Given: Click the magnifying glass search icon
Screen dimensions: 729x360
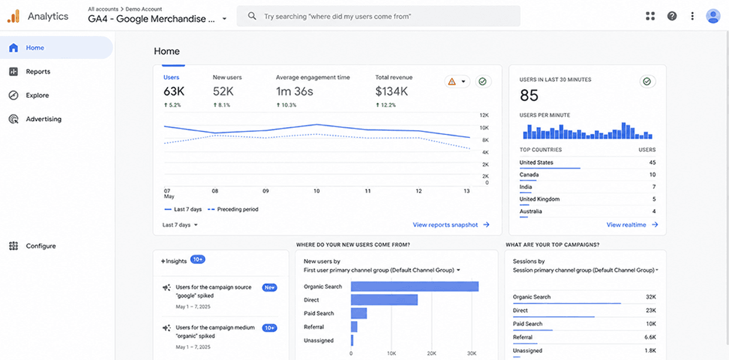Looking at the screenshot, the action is pyautogui.click(x=252, y=16).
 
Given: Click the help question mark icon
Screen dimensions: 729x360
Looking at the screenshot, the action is pyautogui.click(x=672, y=16).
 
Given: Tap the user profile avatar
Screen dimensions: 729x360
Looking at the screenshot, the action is pyautogui.click(x=713, y=16).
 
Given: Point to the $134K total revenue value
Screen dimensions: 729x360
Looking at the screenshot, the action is pyautogui.click(x=392, y=91).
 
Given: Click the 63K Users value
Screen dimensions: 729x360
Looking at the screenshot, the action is pyautogui.click(x=174, y=91).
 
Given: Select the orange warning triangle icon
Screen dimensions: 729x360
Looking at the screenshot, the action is pyautogui.click(x=452, y=82).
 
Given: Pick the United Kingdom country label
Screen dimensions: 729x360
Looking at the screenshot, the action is pyautogui.click(x=539, y=199).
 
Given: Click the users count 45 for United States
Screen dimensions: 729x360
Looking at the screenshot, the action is pyautogui.click(x=652, y=163).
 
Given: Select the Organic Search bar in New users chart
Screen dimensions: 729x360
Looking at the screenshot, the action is pyautogui.click(x=415, y=286).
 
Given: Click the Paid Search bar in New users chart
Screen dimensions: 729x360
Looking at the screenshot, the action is pyautogui.click(x=359, y=313).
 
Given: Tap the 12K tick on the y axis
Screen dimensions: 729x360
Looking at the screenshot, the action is pyautogui.click(x=484, y=115).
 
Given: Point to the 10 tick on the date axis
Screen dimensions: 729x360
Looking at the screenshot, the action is pyautogui.click(x=316, y=191).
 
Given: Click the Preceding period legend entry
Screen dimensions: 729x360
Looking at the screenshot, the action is pyautogui.click(x=233, y=209).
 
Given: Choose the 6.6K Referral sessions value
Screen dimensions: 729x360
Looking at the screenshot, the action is pyautogui.click(x=650, y=337).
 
